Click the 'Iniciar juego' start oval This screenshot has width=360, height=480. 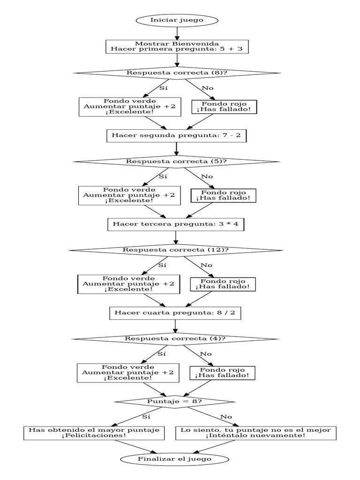177,20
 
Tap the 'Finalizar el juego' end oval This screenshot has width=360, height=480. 174,459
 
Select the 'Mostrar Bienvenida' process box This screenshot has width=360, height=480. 177,46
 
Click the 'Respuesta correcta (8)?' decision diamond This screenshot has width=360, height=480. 177,73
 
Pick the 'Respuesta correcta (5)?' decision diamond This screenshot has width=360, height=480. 176,161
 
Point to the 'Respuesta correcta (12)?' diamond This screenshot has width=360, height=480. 176,250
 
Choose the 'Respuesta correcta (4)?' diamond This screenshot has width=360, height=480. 175,338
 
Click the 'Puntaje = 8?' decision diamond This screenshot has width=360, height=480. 175,401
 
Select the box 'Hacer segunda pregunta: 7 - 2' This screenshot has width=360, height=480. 176,135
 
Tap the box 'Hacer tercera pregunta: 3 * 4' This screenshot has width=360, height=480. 176,224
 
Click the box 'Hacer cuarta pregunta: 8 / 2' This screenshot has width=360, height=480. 175,313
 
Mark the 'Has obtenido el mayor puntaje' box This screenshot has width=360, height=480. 94,433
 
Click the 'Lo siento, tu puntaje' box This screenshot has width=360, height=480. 256,433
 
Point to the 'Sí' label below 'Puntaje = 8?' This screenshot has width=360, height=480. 146,416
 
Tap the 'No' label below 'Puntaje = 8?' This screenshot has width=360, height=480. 226,416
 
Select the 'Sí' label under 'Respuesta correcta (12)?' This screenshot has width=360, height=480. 162,265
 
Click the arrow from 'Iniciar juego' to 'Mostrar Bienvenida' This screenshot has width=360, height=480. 177,33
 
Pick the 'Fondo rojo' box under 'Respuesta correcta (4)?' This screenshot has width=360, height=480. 223,373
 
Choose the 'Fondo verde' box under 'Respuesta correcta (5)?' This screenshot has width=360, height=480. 129,195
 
